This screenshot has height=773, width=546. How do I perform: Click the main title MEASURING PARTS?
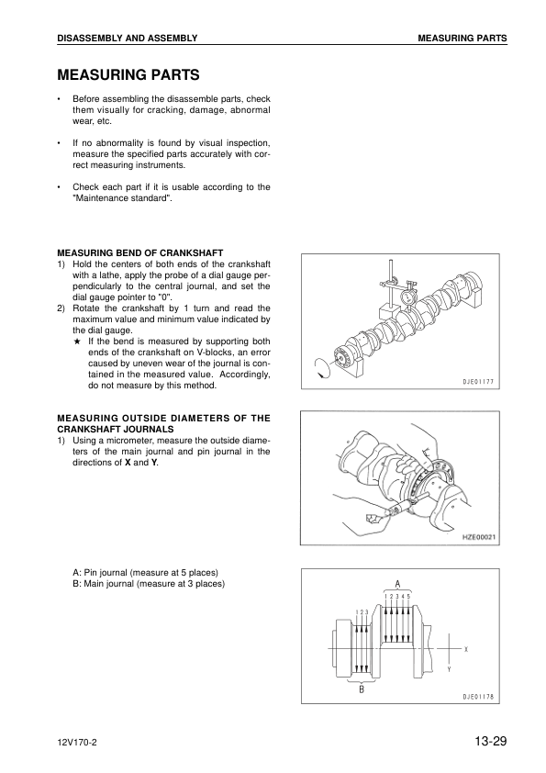(128, 73)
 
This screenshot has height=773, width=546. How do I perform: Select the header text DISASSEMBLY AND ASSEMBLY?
(127, 37)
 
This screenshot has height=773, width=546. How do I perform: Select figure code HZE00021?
(476, 538)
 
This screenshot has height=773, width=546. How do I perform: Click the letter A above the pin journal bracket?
(397, 583)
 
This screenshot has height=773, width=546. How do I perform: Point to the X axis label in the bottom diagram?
(466, 648)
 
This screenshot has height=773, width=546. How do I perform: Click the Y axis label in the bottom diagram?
(449, 669)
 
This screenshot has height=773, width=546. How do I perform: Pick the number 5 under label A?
(409, 597)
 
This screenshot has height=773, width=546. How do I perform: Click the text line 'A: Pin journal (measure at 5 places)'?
(145, 572)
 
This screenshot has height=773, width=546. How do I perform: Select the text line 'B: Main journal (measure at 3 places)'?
(149, 583)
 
